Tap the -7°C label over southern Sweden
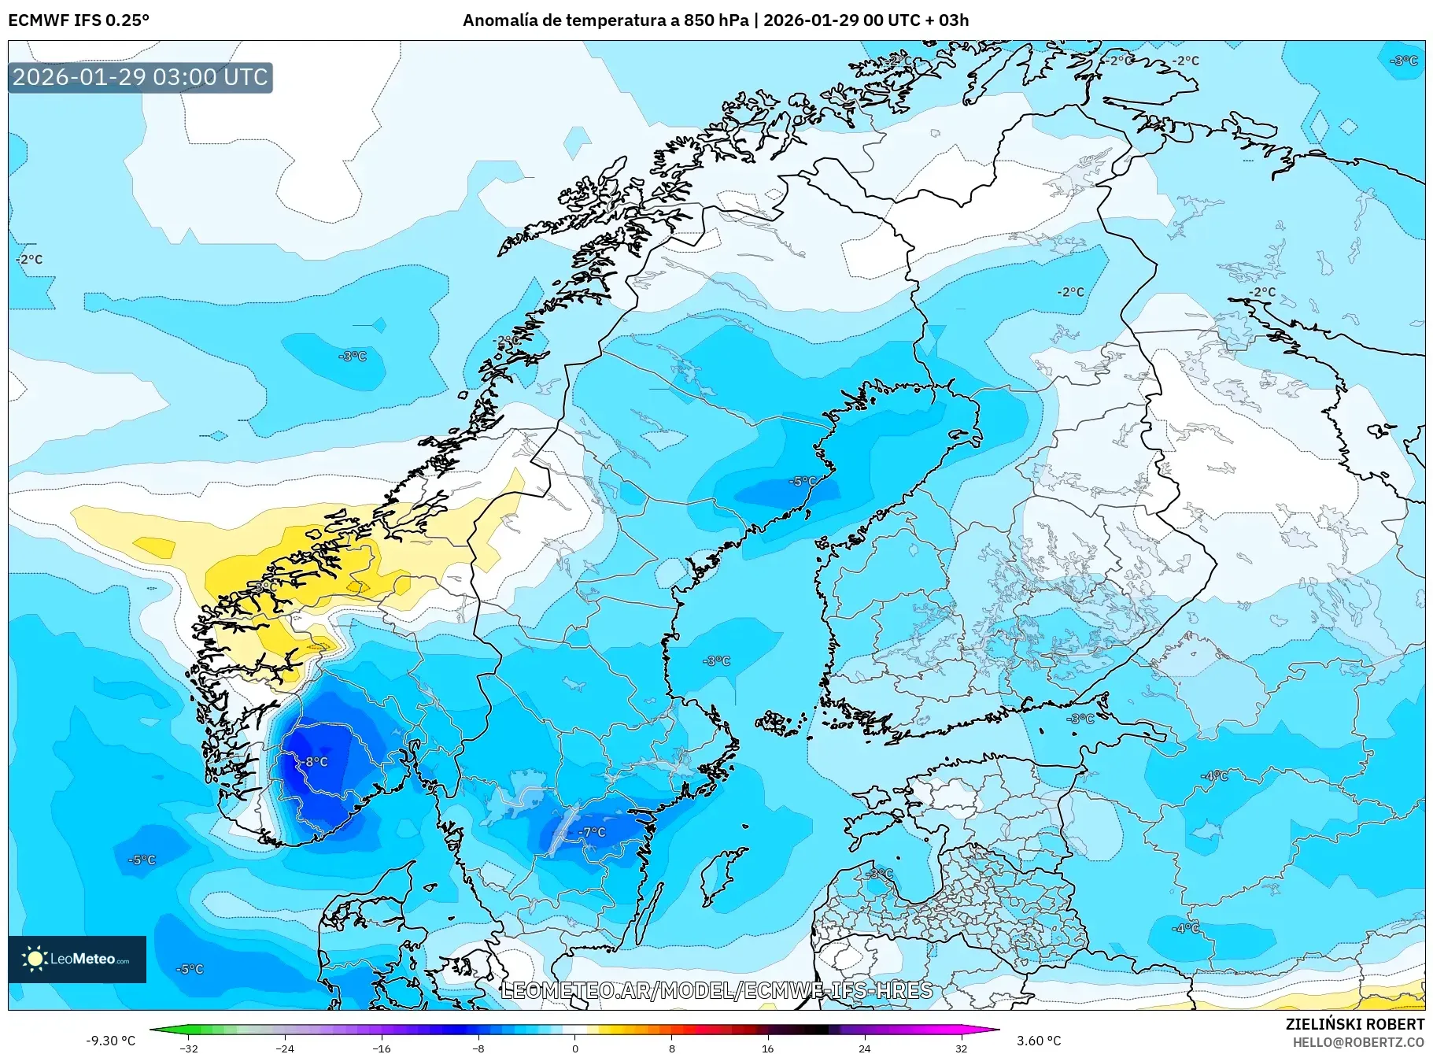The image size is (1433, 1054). click(593, 832)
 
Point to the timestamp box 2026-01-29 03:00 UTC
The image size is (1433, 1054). click(140, 77)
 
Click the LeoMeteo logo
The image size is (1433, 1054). click(77, 959)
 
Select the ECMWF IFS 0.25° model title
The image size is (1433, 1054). click(79, 20)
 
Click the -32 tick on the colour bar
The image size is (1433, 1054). click(189, 1048)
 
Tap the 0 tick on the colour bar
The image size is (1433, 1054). click(575, 1048)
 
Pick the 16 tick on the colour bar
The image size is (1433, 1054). click(767, 1048)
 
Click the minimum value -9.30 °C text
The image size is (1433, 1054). click(110, 1041)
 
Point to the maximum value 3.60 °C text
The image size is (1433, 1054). click(1039, 1041)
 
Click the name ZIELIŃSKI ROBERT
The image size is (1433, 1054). click(1354, 1024)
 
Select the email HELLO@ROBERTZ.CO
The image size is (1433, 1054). click(1358, 1042)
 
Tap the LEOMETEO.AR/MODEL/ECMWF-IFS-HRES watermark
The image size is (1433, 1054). click(716, 990)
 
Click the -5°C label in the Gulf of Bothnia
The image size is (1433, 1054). click(803, 481)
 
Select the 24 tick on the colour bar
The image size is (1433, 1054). click(864, 1048)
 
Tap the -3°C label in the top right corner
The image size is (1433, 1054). click(1404, 61)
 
